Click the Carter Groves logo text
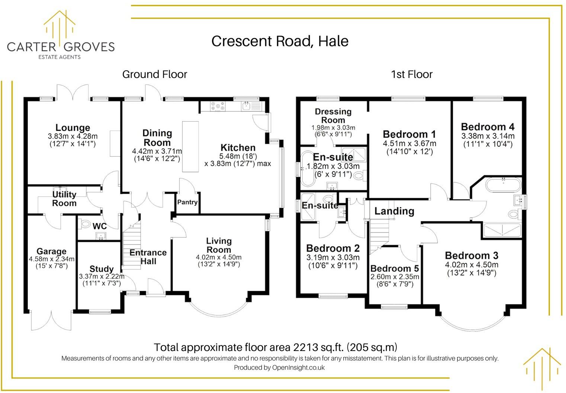click(61, 47)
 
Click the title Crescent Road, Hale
click(280, 41)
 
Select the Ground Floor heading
click(154, 74)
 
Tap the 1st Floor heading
click(412, 74)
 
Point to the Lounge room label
click(73, 128)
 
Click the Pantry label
click(187, 202)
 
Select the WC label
click(99, 226)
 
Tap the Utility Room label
click(64, 199)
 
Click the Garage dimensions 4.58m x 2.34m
click(52, 259)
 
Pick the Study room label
click(101, 269)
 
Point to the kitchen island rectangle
click(190, 146)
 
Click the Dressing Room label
click(333, 116)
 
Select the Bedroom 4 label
click(488, 127)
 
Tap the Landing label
click(394, 211)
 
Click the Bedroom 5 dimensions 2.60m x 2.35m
click(395, 277)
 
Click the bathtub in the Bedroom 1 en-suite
click(307, 168)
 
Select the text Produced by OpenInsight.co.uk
click(279, 368)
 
